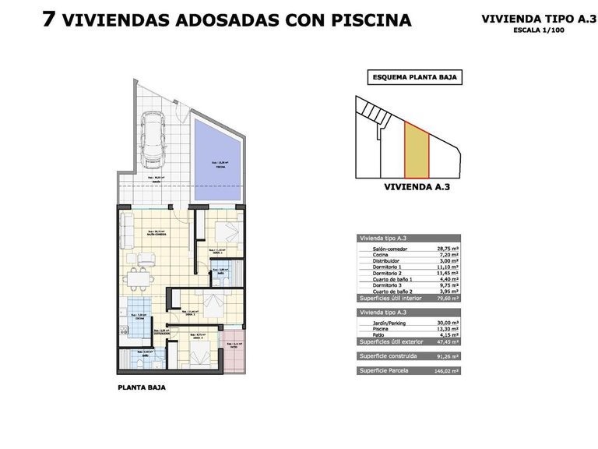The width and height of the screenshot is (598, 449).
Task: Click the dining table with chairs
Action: tap(138, 277)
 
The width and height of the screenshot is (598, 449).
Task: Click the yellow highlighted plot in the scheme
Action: tap(417, 152)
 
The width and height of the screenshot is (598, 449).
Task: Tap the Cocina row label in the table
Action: tap(372, 254)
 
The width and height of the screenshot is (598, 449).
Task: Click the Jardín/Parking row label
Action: tap(380, 322)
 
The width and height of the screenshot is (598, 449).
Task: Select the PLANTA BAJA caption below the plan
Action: tap(141, 387)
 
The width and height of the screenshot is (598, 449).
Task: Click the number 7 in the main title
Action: tap(48, 19)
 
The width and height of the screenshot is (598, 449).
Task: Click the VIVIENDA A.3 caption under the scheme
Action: tap(417, 187)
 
